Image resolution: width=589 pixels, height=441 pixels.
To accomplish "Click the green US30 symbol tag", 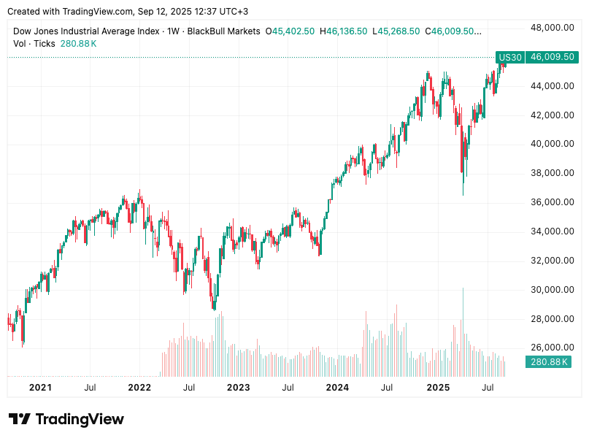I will [509, 57].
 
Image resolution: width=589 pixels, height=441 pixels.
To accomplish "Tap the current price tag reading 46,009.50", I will [551, 57].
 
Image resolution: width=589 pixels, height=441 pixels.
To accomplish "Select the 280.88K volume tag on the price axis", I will [547, 361].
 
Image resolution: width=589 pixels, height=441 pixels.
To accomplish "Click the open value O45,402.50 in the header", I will [290, 31].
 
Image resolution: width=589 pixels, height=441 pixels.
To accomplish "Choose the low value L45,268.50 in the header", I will [396, 31].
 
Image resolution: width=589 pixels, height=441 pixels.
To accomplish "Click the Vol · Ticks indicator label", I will [34, 44].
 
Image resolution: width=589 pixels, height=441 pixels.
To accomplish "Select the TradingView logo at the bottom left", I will [66, 419].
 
